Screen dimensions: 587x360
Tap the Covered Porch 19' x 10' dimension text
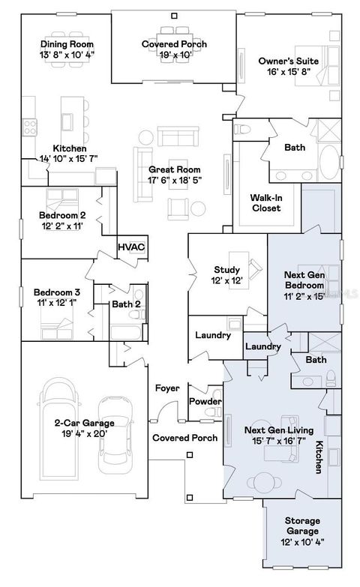(x=175, y=55)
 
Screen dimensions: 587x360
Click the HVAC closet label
(x=131, y=247)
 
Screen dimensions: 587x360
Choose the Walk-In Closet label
(x=265, y=202)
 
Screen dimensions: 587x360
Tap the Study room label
(x=226, y=270)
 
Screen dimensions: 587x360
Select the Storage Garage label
(x=303, y=520)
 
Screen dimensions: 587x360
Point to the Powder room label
(x=205, y=401)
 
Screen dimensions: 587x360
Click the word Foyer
(x=166, y=388)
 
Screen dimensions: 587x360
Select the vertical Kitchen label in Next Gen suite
(x=319, y=457)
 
